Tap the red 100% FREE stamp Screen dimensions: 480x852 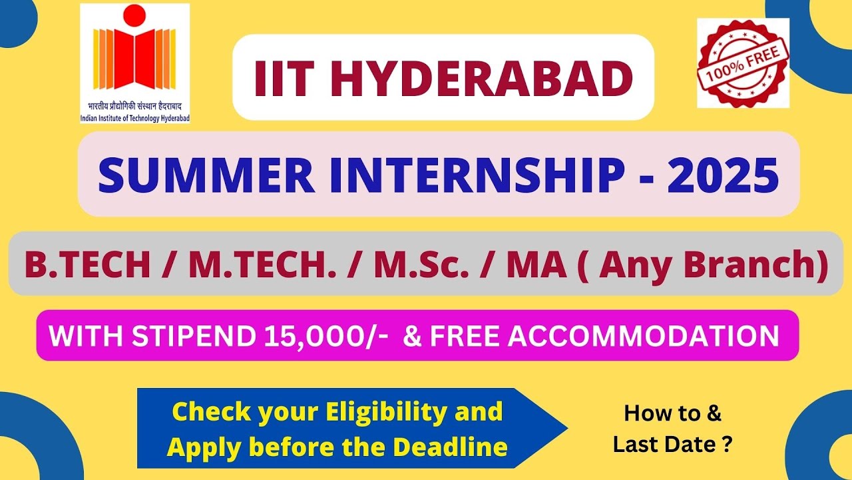tap(743, 63)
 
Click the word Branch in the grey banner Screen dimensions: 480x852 tap(751, 265)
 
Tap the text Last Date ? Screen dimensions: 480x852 tap(673, 445)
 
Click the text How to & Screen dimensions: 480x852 tap(673, 413)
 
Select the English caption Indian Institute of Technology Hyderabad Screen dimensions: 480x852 tap(134, 118)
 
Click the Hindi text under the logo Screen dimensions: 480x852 tap(134, 107)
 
